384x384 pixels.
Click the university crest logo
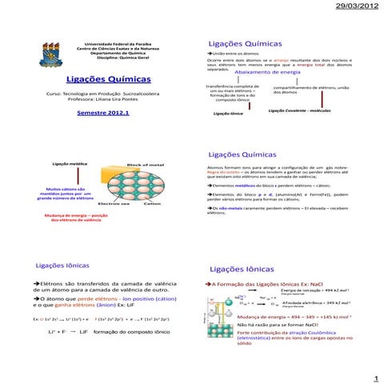55,48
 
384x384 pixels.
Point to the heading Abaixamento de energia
267,73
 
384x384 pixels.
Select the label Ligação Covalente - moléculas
300,110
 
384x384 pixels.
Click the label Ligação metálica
70,162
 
